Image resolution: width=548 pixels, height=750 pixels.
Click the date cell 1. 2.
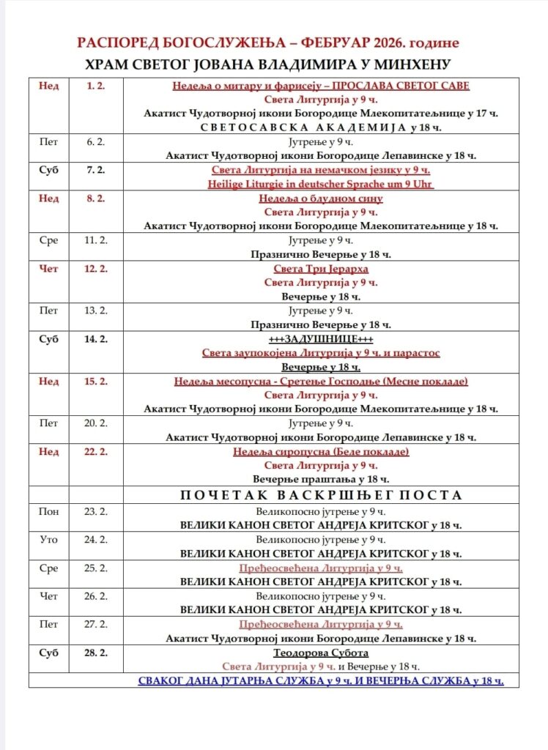[x=95, y=86]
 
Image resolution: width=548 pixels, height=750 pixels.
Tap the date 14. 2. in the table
[x=95, y=339]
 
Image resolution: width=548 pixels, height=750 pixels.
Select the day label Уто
[x=48, y=539]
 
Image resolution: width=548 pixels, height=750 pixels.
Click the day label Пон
[x=48, y=511]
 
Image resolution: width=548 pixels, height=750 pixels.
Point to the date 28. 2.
[x=95, y=652]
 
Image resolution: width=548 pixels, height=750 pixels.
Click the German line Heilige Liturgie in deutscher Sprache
[x=321, y=184]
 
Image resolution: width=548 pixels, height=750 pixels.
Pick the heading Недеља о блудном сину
[x=321, y=198]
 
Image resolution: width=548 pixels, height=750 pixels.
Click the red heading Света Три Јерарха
[x=321, y=269]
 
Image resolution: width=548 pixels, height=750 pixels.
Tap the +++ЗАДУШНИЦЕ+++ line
[x=321, y=339]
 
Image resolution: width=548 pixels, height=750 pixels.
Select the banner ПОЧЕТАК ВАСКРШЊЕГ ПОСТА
[x=321, y=495]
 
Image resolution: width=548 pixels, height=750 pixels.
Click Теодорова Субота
[x=321, y=653]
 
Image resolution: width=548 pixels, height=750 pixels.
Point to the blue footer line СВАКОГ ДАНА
[x=321, y=680]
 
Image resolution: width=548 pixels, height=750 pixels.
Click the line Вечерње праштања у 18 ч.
[x=321, y=479]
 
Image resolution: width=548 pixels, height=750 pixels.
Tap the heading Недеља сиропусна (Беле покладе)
[x=321, y=451]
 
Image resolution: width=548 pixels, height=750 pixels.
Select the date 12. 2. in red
[x=95, y=269]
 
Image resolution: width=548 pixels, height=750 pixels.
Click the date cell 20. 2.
[x=95, y=423]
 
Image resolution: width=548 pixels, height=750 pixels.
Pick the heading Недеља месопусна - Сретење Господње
[x=321, y=381]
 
